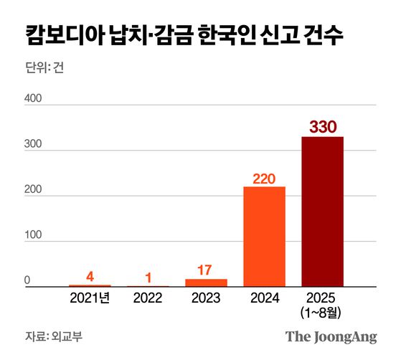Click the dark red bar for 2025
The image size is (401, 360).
[x=322, y=212]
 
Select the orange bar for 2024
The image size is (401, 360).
[x=264, y=237]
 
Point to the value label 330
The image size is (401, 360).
[x=322, y=126]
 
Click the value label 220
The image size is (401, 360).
[x=264, y=177]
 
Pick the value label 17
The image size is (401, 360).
[x=206, y=270]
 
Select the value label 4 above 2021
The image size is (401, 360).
[x=90, y=275]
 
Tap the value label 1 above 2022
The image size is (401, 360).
[x=148, y=276]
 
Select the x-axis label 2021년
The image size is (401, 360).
[x=90, y=297]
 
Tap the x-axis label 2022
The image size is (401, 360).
[x=148, y=297]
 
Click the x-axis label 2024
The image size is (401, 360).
[x=264, y=297]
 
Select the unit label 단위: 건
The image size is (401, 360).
[x=45, y=70]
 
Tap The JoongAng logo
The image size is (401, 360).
[x=331, y=336]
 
